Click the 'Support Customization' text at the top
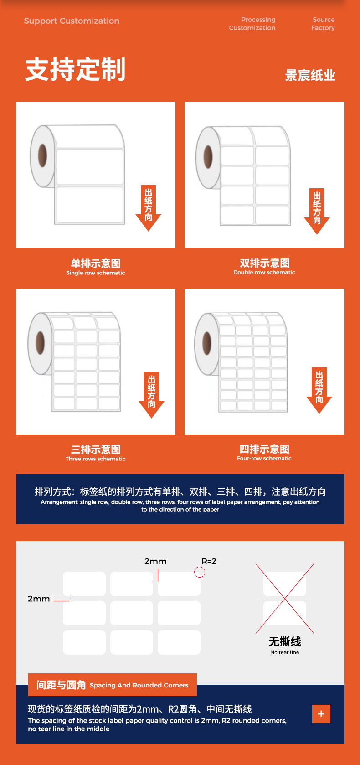tap(72, 21)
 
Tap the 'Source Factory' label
tap(323, 24)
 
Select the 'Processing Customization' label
tap(252, 24)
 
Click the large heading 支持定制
tap(75, 69)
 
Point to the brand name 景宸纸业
tap(310, 75)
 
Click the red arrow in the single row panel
tap(148, 208)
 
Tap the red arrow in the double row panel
tap(317, 211)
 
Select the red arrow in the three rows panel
tap(151, 395)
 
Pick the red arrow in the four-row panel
tap(319, 390)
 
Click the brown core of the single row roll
tap(42, 155)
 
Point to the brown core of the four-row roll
tap(207, 343)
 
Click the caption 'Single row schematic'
tap(96, 273)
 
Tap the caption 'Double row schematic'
tap(264, 272)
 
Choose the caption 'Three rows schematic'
tap(96, 459)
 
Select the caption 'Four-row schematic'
tap(264, 458)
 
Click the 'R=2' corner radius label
tap(209, 561)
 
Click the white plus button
tap(321, 714)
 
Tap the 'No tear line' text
tap(285, 652)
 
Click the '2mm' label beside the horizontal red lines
tap(39, 599)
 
